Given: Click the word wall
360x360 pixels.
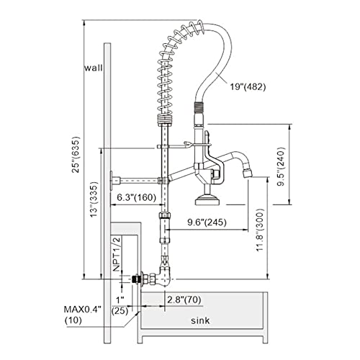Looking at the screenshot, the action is (x=94, y=68).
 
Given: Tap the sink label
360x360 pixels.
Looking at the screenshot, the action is (x=200, y=320).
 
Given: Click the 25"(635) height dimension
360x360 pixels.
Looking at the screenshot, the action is (x=76, y=155).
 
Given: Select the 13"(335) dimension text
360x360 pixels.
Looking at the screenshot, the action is (x=94, y=199).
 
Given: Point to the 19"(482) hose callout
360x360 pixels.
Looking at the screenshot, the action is (x=248, y=86).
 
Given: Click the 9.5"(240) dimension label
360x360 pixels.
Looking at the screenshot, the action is (x=281, y=166).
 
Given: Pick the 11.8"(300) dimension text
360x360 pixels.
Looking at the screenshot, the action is (x=260, y=230).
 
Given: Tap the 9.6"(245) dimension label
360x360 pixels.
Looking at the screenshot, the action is (x=207, y=222).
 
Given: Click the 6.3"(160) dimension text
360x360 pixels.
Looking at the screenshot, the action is (x=136, y=197).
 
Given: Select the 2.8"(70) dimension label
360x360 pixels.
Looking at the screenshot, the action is (x=184, y=300).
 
